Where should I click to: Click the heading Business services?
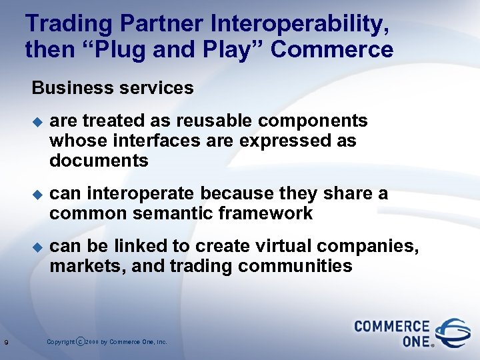click(113, 88)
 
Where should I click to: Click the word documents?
click(99, 161)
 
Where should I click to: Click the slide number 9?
click(6, 343)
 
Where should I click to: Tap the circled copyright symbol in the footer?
click(81, 342)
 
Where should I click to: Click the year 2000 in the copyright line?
click(93, 342)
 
